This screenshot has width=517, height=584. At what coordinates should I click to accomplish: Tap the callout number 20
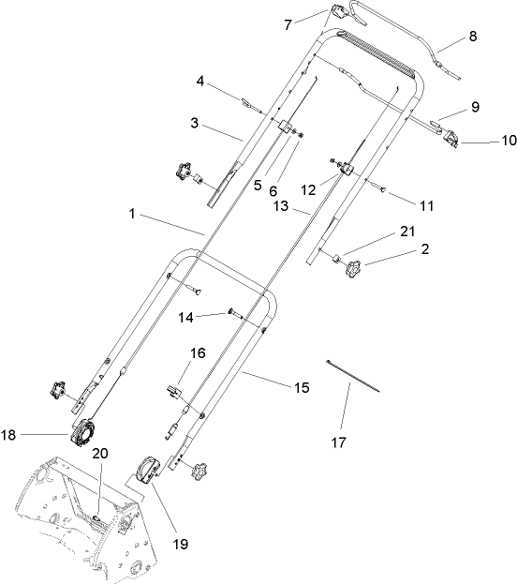point(100,453)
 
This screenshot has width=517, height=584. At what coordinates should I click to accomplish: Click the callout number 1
point(137,215)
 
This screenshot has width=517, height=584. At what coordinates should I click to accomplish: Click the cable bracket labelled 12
point(347,168)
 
